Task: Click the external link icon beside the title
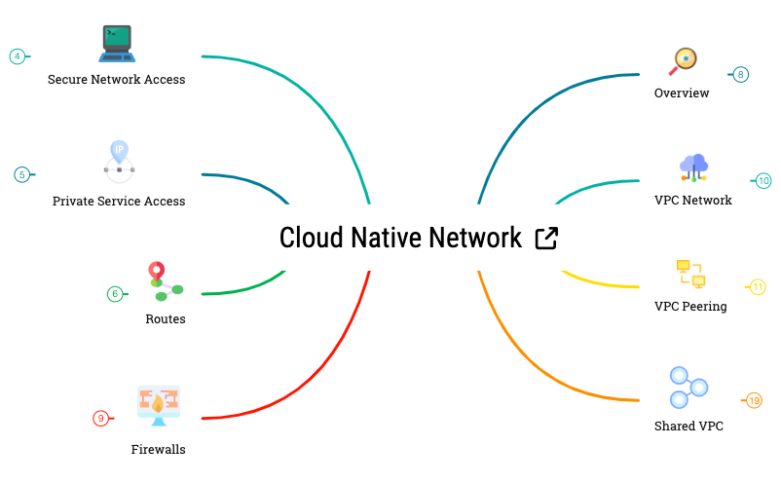(x=547, y=239)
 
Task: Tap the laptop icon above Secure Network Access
(x=117, y=44)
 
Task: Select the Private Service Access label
(x=119, y=202)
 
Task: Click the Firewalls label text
(x=158, y=450)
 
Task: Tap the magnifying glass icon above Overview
(x=684, y=60)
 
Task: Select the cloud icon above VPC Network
(x=693, y=167)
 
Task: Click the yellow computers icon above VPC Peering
(x=690, y=274)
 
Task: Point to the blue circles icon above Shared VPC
(x=689, y=387)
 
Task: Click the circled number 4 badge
(x=18, y=56)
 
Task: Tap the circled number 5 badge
(x=21, y=175)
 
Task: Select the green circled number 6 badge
(x=115, y=294)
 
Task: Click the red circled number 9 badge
(x=100, y=419)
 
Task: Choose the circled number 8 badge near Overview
(x=741, y=74)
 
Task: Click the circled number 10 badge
(x=763, y=180)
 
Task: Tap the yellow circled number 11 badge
(x=758, y=286)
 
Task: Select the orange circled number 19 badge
(x=754, y=400)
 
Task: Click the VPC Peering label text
(x=690, y=307)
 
